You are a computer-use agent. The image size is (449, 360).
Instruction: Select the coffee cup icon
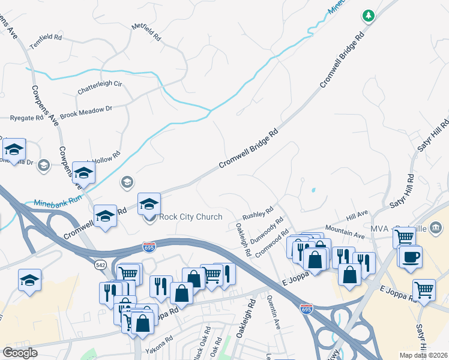click(411, 257)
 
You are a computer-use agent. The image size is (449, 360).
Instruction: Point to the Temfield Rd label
click(46, 37)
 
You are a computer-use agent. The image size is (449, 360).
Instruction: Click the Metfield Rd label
click(147, 32)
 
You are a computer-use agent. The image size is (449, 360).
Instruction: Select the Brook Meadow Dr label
click(86, 112)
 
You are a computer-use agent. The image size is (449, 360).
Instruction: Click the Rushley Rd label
click(258, 213)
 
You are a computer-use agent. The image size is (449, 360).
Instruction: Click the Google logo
click(20, 353)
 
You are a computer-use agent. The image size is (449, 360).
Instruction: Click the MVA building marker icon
click(436, 227)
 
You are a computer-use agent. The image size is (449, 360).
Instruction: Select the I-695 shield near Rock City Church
click(149, 247)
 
